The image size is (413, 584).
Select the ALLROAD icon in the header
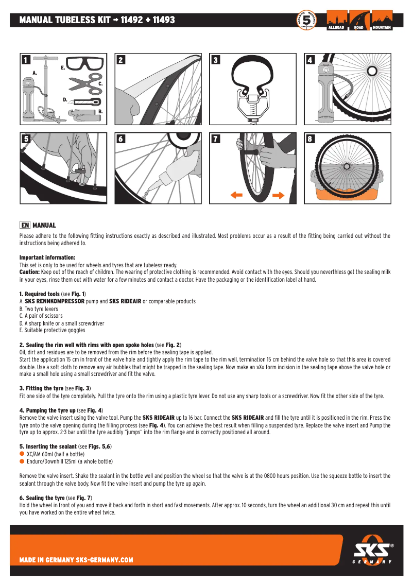tap(336, 20)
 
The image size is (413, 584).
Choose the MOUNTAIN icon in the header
tap(382, 20)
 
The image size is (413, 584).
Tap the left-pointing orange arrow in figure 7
tap(236, 195)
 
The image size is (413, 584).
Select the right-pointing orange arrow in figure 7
tap(278, 195)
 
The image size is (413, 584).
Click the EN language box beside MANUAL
tap(25, 226)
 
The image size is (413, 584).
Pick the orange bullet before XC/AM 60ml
tap(22, 454)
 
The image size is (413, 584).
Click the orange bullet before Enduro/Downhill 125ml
tap(22, 461)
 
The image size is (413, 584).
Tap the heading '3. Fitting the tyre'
tap(47, 388)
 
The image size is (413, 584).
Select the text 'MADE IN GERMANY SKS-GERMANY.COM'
tap(76, 560)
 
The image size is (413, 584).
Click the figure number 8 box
tap(311, 139)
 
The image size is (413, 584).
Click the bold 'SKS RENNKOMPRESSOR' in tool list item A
tap(55, 301)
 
